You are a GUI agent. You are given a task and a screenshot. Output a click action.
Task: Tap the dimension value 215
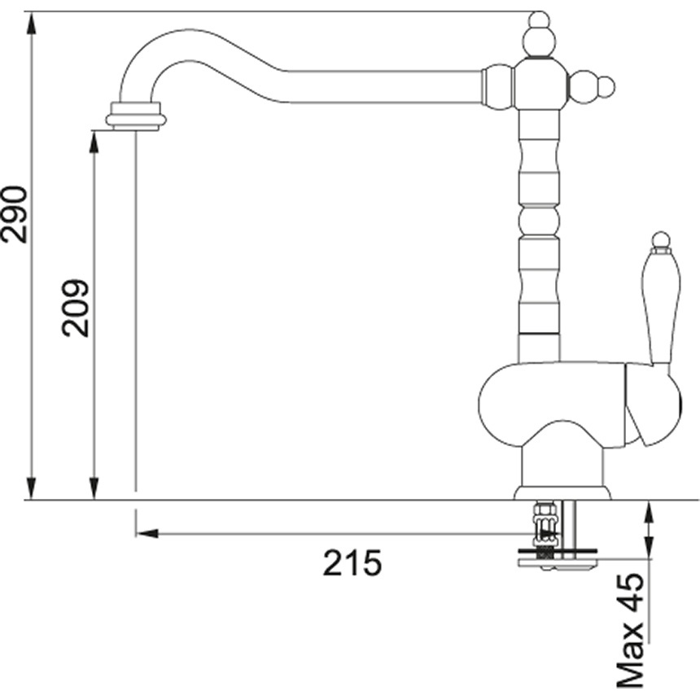click(x=352, y=562)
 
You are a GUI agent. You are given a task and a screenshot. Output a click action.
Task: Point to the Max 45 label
click(x=630, y=629)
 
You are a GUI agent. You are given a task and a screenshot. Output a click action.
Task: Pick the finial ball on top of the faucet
click(x=538, y=20)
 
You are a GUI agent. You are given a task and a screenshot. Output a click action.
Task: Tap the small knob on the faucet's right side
click(x=606, y=86)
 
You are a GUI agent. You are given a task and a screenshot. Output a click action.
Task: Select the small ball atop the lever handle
click(x=661, y=239)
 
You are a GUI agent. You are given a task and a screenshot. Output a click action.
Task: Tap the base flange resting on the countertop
click(x=562, y=492)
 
